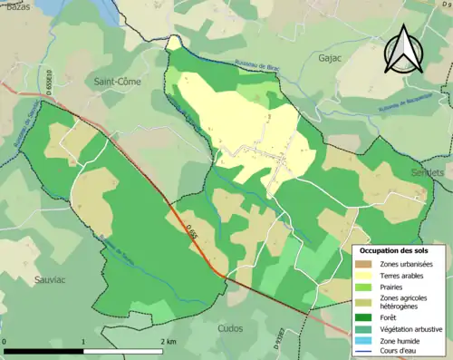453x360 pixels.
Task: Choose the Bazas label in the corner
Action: [x=21, y=6]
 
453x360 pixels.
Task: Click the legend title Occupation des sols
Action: [x=396, y=249]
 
